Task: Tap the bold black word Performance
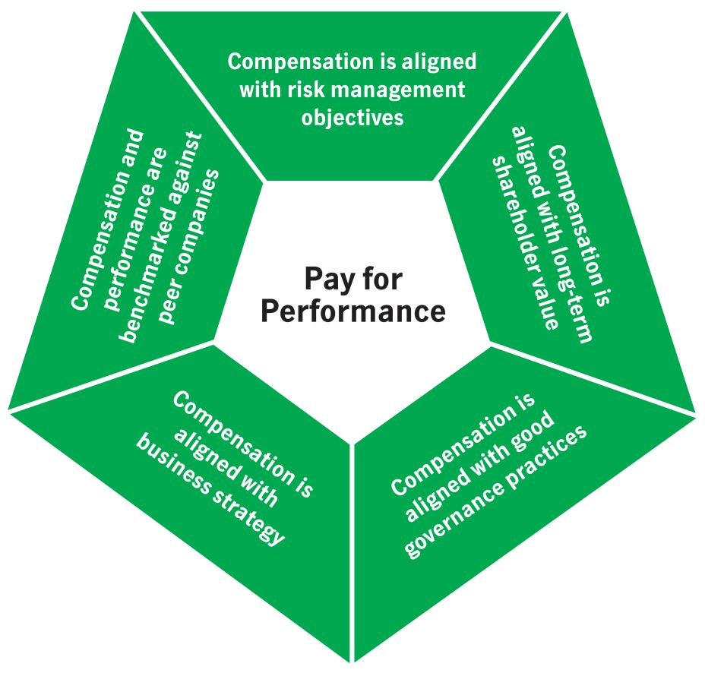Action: (x=352, y=311)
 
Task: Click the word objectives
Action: (x=352, y=118)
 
